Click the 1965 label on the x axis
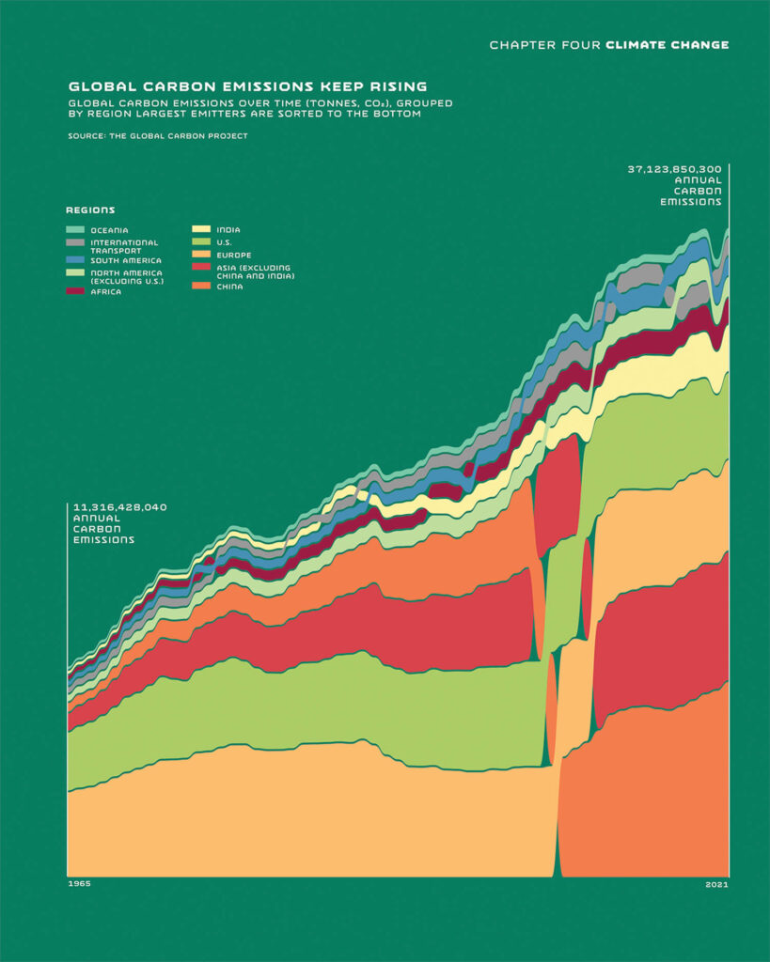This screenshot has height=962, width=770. [x=79, y=884]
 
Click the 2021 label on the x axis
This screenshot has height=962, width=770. [x=716, y=884]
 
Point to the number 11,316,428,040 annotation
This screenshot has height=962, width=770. [x=119, y=507]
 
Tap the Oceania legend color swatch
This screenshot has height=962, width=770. [x=75, y=230]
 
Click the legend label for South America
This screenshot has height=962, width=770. [x=126, y=260]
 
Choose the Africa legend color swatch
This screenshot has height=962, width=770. [x=75, y=291]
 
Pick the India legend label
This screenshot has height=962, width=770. [x=228, y=229]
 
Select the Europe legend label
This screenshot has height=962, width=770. [x=233, y=255]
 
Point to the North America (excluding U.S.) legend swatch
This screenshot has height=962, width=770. [x=75, y=273]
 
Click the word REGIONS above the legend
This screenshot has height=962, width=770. [x=90, y=209]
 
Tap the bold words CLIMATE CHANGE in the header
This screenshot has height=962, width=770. [x=668, y=44]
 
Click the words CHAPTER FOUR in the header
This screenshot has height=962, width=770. [x=544, y=44]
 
